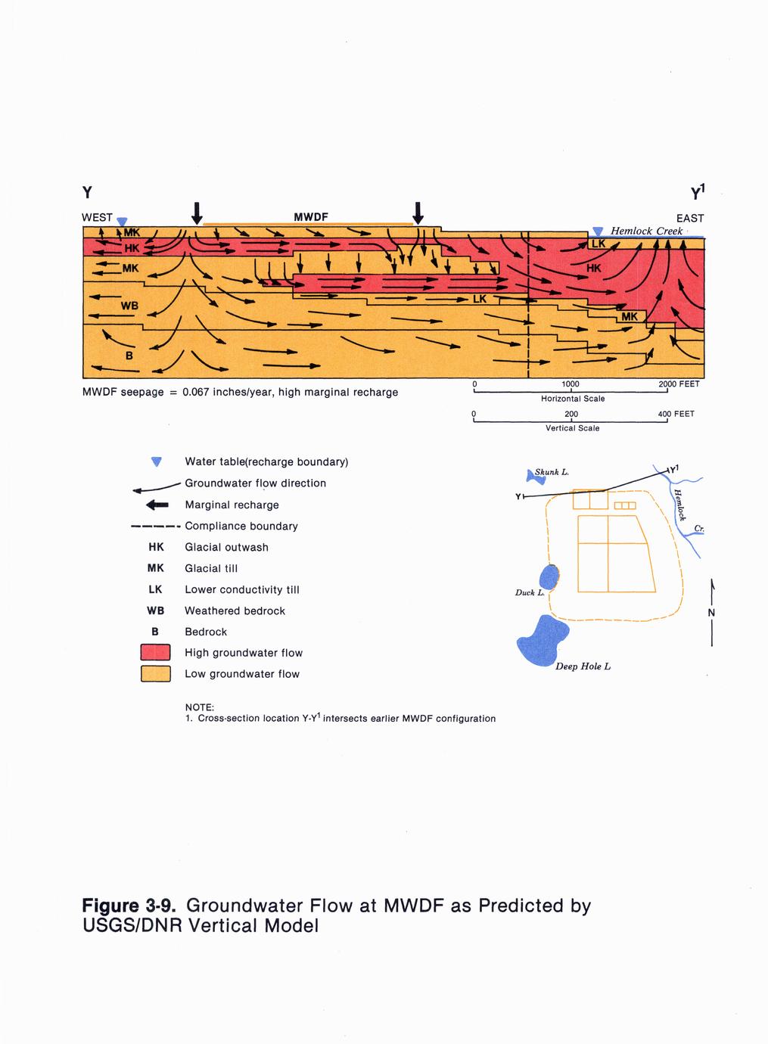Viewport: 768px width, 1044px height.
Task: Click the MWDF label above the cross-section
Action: click(x=310, y=217)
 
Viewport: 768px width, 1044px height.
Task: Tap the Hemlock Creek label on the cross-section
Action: click(x=646, y=231)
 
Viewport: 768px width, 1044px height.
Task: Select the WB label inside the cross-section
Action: click(x=129, y=306)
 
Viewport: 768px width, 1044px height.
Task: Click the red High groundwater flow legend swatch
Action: click(x=156, y=653)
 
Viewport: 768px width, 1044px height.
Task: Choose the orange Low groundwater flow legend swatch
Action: click(x=156, y=674)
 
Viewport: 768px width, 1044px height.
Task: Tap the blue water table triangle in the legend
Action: click(x=157, y=461)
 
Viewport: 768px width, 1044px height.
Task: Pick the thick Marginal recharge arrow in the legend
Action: click(x=157, y=505)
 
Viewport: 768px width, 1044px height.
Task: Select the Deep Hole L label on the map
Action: click(x=583, y=666)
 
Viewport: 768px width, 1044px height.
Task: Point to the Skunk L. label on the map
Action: click(x=552, y=472)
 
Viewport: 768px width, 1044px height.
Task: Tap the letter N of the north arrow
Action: click(x=712, y=613)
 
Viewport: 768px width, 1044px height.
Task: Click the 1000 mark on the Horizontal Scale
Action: click(x=571, y=384)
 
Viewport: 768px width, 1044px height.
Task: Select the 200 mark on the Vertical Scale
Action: click(x=571, y=415)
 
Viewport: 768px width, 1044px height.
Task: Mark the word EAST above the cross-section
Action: click(x=690, y=218)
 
